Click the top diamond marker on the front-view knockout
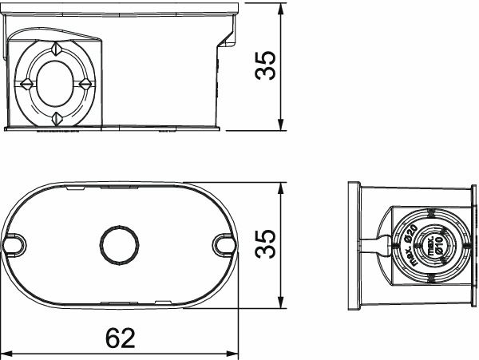point(56,49)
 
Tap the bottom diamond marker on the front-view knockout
point(56,118)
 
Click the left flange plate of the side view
point(354,245)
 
